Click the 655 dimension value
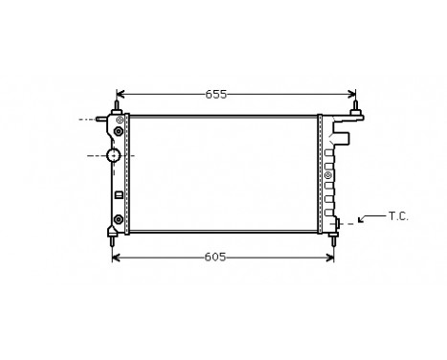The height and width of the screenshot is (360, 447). click(216, 94)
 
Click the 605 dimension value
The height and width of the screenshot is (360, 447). click(216, 257)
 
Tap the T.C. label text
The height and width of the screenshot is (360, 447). click(398, 216)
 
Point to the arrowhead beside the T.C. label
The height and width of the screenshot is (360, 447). click(361, 221)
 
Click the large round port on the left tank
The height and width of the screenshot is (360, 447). click(114, 154)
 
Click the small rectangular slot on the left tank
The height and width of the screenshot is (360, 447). click(118, 195)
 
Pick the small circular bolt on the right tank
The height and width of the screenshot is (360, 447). click(328, 174)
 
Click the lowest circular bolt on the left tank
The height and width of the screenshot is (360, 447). click(118, 219)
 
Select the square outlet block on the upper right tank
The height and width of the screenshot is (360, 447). click(342, 138)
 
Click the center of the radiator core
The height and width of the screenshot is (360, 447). click(223, 172)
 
